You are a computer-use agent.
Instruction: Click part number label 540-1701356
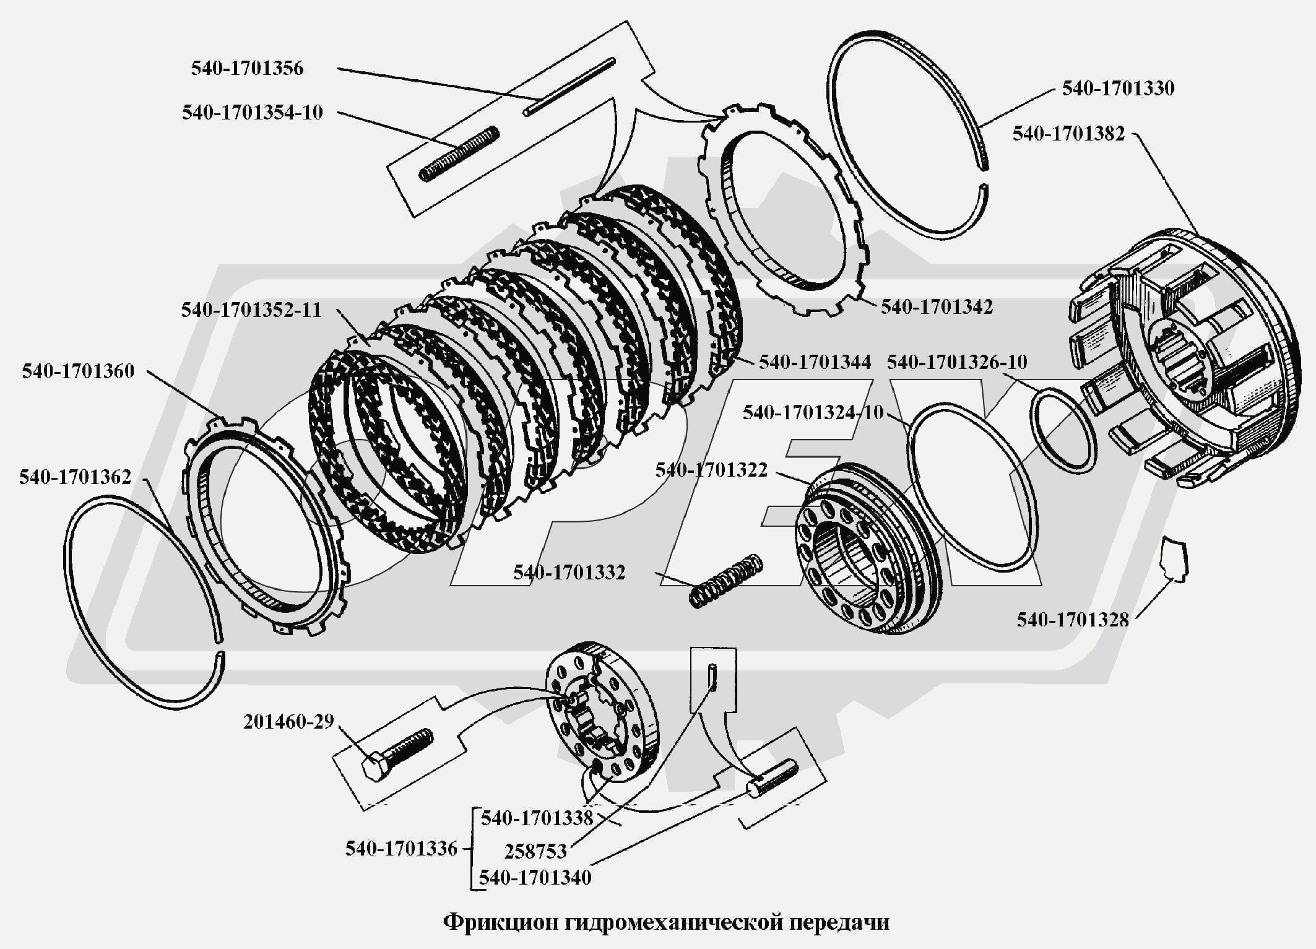[247, 68]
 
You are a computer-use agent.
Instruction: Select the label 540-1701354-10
[252, 113]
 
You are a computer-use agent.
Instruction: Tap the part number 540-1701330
[1118, 89]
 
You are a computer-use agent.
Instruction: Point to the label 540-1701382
[1068, 134]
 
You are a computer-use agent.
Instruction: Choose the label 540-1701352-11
[251, 310]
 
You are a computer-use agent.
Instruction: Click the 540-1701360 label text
[78, 371]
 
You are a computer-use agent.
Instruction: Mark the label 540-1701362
[76, 477]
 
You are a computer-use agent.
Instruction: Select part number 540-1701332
[569, 573]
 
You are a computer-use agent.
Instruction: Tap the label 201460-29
[288, 722]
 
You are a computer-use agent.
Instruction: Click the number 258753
[535, 852]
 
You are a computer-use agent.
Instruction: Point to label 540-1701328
[1073, 620]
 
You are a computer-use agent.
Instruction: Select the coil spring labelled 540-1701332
[725, 581]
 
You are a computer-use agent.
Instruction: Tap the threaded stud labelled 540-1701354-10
[459, 154]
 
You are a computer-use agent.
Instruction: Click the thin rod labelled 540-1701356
[569, 86]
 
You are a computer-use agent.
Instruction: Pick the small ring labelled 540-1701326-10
[1062, 430]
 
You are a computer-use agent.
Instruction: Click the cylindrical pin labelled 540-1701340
[773, 778]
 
